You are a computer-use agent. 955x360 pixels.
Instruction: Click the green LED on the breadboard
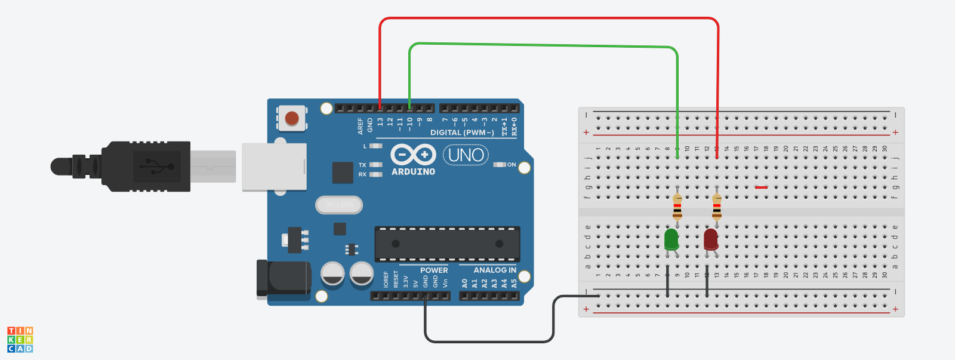pyautogui.click(x=671, y=239)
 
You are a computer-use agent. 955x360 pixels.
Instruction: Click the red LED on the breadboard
pyautogui.click(x=711, y=239)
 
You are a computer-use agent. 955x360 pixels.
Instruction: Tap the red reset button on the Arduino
pyautogui.click(x=292, y=118)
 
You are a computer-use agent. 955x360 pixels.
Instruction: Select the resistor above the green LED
pyautogui.click(x=677, y=207)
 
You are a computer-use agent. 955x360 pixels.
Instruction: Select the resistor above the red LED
pyautogui.click(x=717, y=207)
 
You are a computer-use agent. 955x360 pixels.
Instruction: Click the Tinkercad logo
pyautogui.click(x=20, y=340)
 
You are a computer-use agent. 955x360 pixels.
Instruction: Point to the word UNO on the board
pyautogui.click(x=466, y=155)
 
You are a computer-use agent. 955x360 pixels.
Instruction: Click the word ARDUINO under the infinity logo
pyautogui.click(x=413, y=172)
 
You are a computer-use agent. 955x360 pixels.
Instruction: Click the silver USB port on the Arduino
pyautogui.click(x=274, y=167)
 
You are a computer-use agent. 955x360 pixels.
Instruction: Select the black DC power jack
pyautogui.click(x=284, y=278)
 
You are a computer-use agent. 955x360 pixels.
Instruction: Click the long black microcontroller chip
pyautogui.click(x=447, y=244)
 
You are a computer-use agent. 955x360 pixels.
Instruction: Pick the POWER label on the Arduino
pyautogui.click(x=434, y=270)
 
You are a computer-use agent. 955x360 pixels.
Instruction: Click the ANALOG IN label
pyautogui.click(x=495, y=270)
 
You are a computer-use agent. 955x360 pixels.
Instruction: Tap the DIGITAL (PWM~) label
pyautogui.click(x=462, y=133)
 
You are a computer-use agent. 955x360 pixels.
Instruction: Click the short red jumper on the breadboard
pyautogui.click(x=761, y=187)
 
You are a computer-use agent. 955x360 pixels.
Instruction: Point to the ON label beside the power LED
pyautogui.click(x=512, y=165)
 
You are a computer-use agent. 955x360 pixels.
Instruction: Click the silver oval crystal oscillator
pyautogui.click(x=339, y=205)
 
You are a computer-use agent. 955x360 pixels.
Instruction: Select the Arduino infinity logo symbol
pyautogui.click(x=413, y=155)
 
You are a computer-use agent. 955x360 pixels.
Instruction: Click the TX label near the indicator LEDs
pyautogui.click(x=362, y=165)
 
